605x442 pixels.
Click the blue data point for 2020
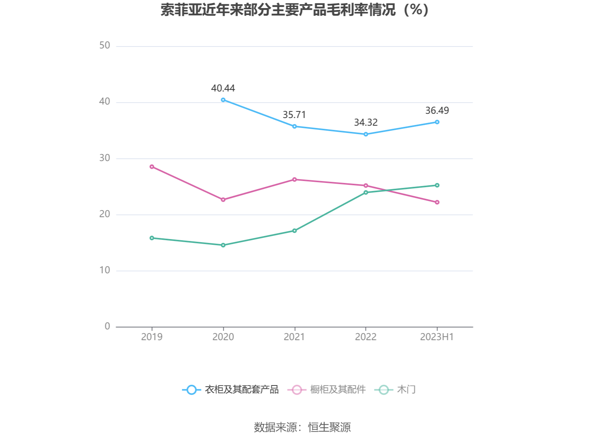click(x=223, y=100)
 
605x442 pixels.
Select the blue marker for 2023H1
click(x=437, y=122)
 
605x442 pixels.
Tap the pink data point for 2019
click(x=152, y=167)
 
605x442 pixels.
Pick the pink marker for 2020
click(x=223, y=200)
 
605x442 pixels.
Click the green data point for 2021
click(x=294, y=231)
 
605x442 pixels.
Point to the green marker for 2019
click(x=152, y=238)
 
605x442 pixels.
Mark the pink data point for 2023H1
click(x=437, y=202)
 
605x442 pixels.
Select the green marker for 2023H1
click(x=437, y=185)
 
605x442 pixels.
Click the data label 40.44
click(x=223, y=88)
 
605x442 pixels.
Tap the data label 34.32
click(x=366, y=123)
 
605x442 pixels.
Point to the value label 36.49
click(x=437, y=111)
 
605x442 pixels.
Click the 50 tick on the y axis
click(x=105, y=46)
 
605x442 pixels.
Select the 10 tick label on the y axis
click(x=105, y=270)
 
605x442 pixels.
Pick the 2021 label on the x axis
click(x=294, y=337)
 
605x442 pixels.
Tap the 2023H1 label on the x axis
click(x=437, y=337)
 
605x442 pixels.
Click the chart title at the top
click(x=294, y=10)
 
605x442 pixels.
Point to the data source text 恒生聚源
click(x=329, y=427)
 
